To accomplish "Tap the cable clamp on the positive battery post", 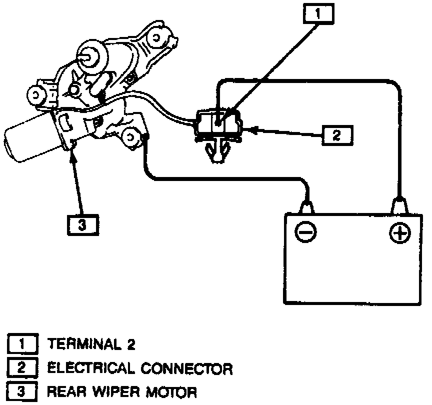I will (399, 205).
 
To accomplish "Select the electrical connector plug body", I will (219, 122).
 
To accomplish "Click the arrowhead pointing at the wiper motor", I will (74, 148).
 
